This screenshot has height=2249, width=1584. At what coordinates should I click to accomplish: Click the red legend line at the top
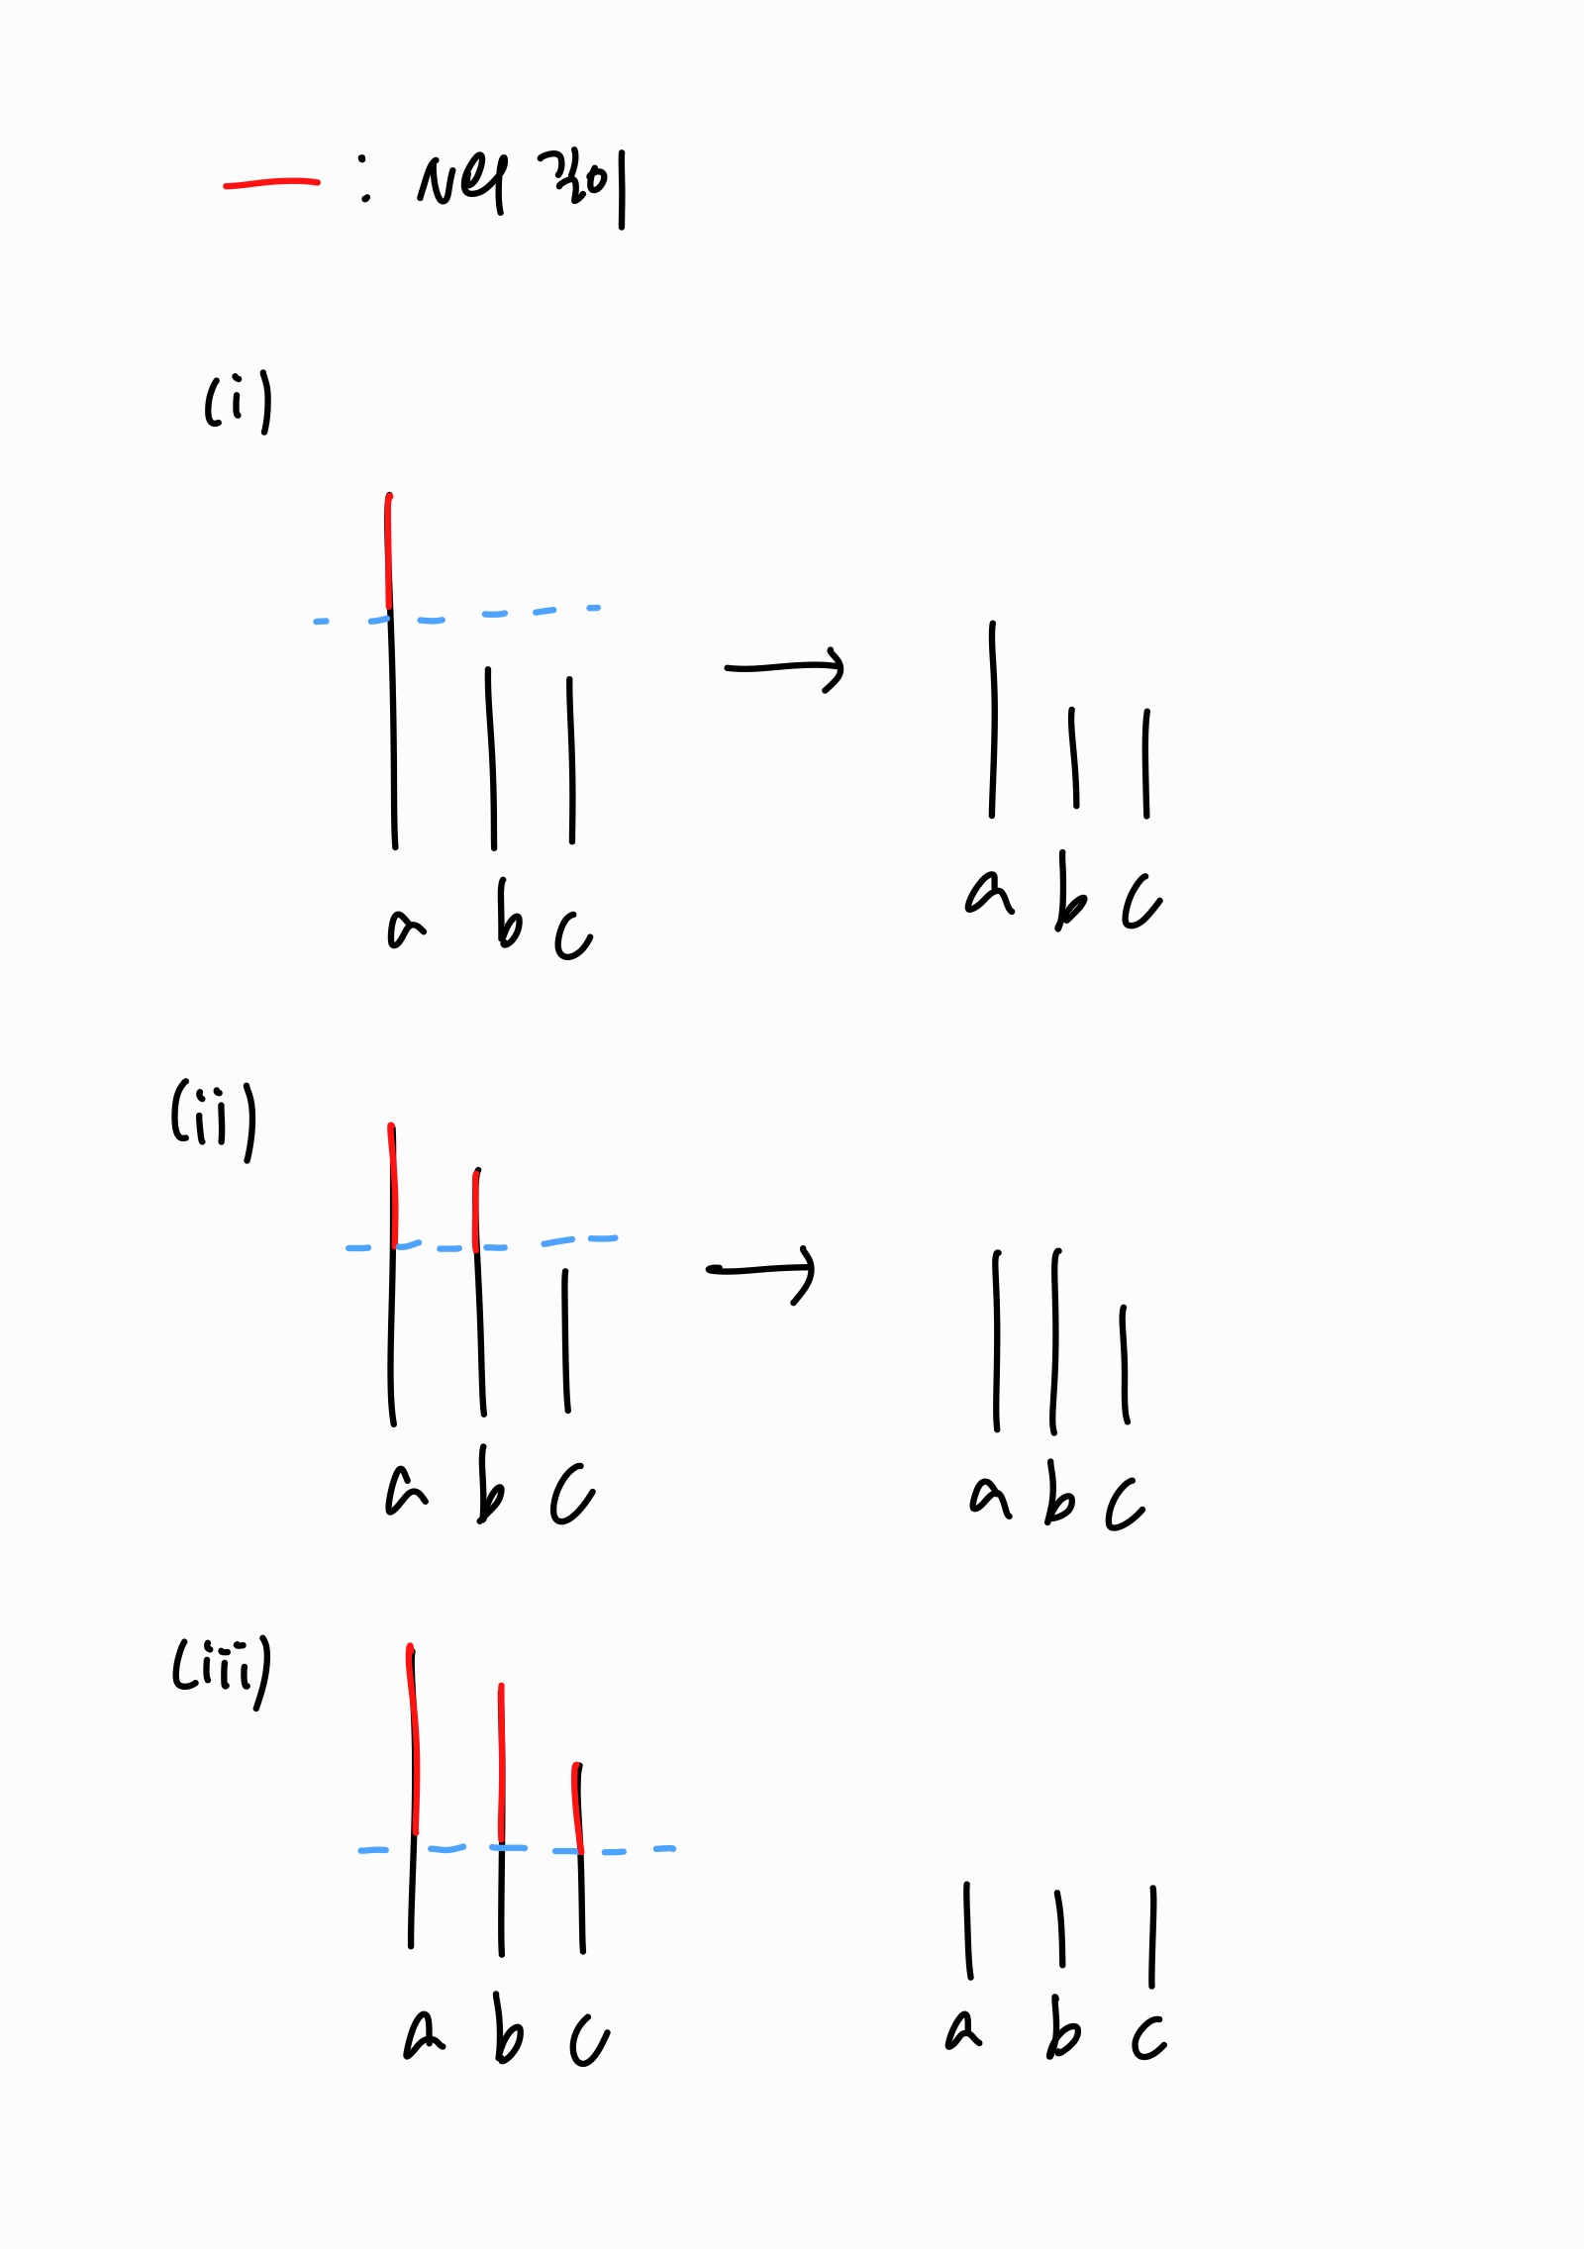[271, 183]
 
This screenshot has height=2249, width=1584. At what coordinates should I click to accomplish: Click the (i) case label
[238, 402]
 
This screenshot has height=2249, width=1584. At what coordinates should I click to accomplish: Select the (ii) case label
[214, 1118]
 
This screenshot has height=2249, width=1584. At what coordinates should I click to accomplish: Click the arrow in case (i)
[784, 668]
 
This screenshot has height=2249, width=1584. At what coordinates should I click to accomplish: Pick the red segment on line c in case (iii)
[578, 1808]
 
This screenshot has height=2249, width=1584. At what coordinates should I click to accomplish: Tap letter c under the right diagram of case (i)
[1141, 901]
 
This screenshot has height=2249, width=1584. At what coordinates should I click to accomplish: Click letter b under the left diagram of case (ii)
[490, 1485]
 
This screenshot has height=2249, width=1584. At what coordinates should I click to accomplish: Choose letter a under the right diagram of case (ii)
[990, 1496]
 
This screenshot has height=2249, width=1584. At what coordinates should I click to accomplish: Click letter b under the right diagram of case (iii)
[1062, 2029]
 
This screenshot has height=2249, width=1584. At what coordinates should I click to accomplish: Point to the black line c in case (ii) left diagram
[566, 1341]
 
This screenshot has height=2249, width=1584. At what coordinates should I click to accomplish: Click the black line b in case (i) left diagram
[491, 757]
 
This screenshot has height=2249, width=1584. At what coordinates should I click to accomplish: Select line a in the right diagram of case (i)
[993, 720]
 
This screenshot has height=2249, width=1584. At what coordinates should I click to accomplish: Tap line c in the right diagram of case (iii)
[1152, 1936]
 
